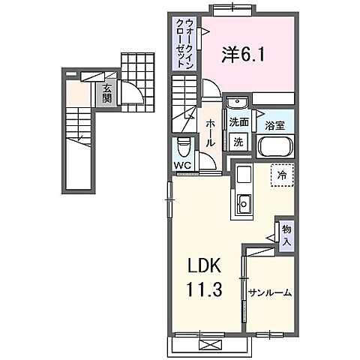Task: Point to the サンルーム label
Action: [269, 292]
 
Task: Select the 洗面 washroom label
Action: [239, 121]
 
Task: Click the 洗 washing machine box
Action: [238, 141]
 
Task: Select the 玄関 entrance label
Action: [107, 94]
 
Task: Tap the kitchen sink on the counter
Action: [244, 202]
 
